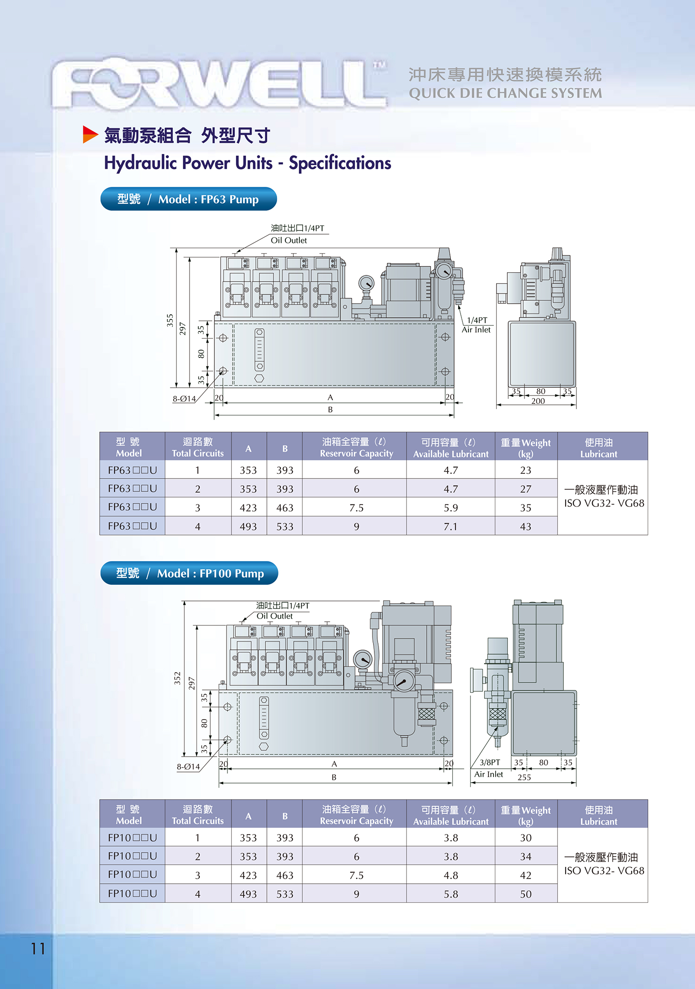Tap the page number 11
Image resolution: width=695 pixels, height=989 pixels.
coord(38,949)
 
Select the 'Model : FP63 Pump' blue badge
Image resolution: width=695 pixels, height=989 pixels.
coord(188,199)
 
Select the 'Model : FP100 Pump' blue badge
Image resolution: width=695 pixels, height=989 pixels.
coord(189,573)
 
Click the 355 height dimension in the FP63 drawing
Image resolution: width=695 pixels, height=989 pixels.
coord(170,320)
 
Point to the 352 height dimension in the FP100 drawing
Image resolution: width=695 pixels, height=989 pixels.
coord(177,678)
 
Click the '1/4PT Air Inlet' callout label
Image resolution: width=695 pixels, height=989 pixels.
coord(477,325)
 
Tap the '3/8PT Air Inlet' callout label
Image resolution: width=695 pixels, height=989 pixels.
coord(489,768)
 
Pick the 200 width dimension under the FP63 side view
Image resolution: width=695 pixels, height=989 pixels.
coord(538,401)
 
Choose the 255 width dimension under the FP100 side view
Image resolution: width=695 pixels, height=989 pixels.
coord(524,778)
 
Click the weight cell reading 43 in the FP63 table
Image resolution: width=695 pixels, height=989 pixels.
coord(525,526)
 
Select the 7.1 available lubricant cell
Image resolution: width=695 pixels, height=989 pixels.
coord(450,526)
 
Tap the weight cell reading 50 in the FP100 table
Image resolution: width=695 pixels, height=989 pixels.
coord(525,894)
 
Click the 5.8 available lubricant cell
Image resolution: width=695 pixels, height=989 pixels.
coord(450,894)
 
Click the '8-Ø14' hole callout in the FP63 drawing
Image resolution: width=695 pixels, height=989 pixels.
coord(184,399)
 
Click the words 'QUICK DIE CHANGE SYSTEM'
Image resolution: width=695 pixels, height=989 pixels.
coord(505,93)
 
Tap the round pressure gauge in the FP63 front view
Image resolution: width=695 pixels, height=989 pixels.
coord(366,283)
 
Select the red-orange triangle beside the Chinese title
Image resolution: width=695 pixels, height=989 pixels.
coord(89,134)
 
